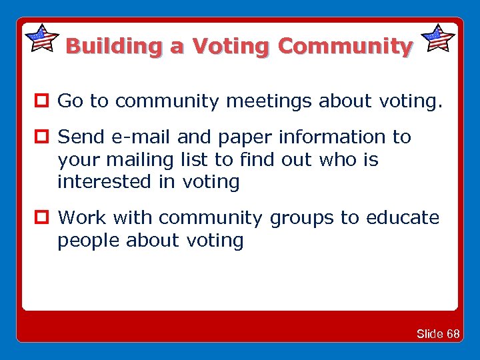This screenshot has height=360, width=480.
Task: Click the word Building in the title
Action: (114, 47)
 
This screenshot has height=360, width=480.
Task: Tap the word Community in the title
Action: (345, 47)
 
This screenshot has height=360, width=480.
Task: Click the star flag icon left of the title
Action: (41, 38)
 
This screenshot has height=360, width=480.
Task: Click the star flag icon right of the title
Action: (439, 38)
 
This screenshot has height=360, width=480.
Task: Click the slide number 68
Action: (453, 334)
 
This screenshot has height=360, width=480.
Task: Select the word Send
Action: (80, 137)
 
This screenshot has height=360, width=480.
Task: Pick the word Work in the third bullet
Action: (83, 218)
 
